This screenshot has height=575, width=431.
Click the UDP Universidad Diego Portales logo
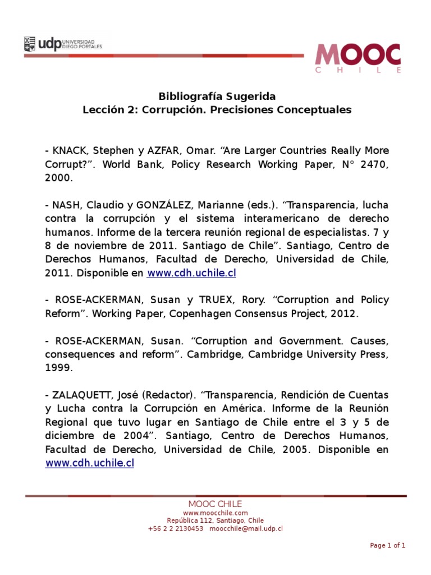tap(67, 44)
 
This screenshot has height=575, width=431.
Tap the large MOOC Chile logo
tap(358, 58)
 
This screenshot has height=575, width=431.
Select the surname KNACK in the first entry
tap(69, 151)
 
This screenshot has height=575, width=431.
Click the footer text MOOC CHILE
tap(215, 504)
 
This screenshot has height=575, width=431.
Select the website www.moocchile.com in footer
tap(215, 513)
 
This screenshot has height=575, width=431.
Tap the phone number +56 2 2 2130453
tap(176, 528)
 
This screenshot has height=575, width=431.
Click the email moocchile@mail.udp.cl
tap(246, 528)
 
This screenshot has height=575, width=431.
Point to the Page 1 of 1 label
tap(387, 545)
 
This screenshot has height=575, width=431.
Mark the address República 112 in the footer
tap(191, 521)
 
